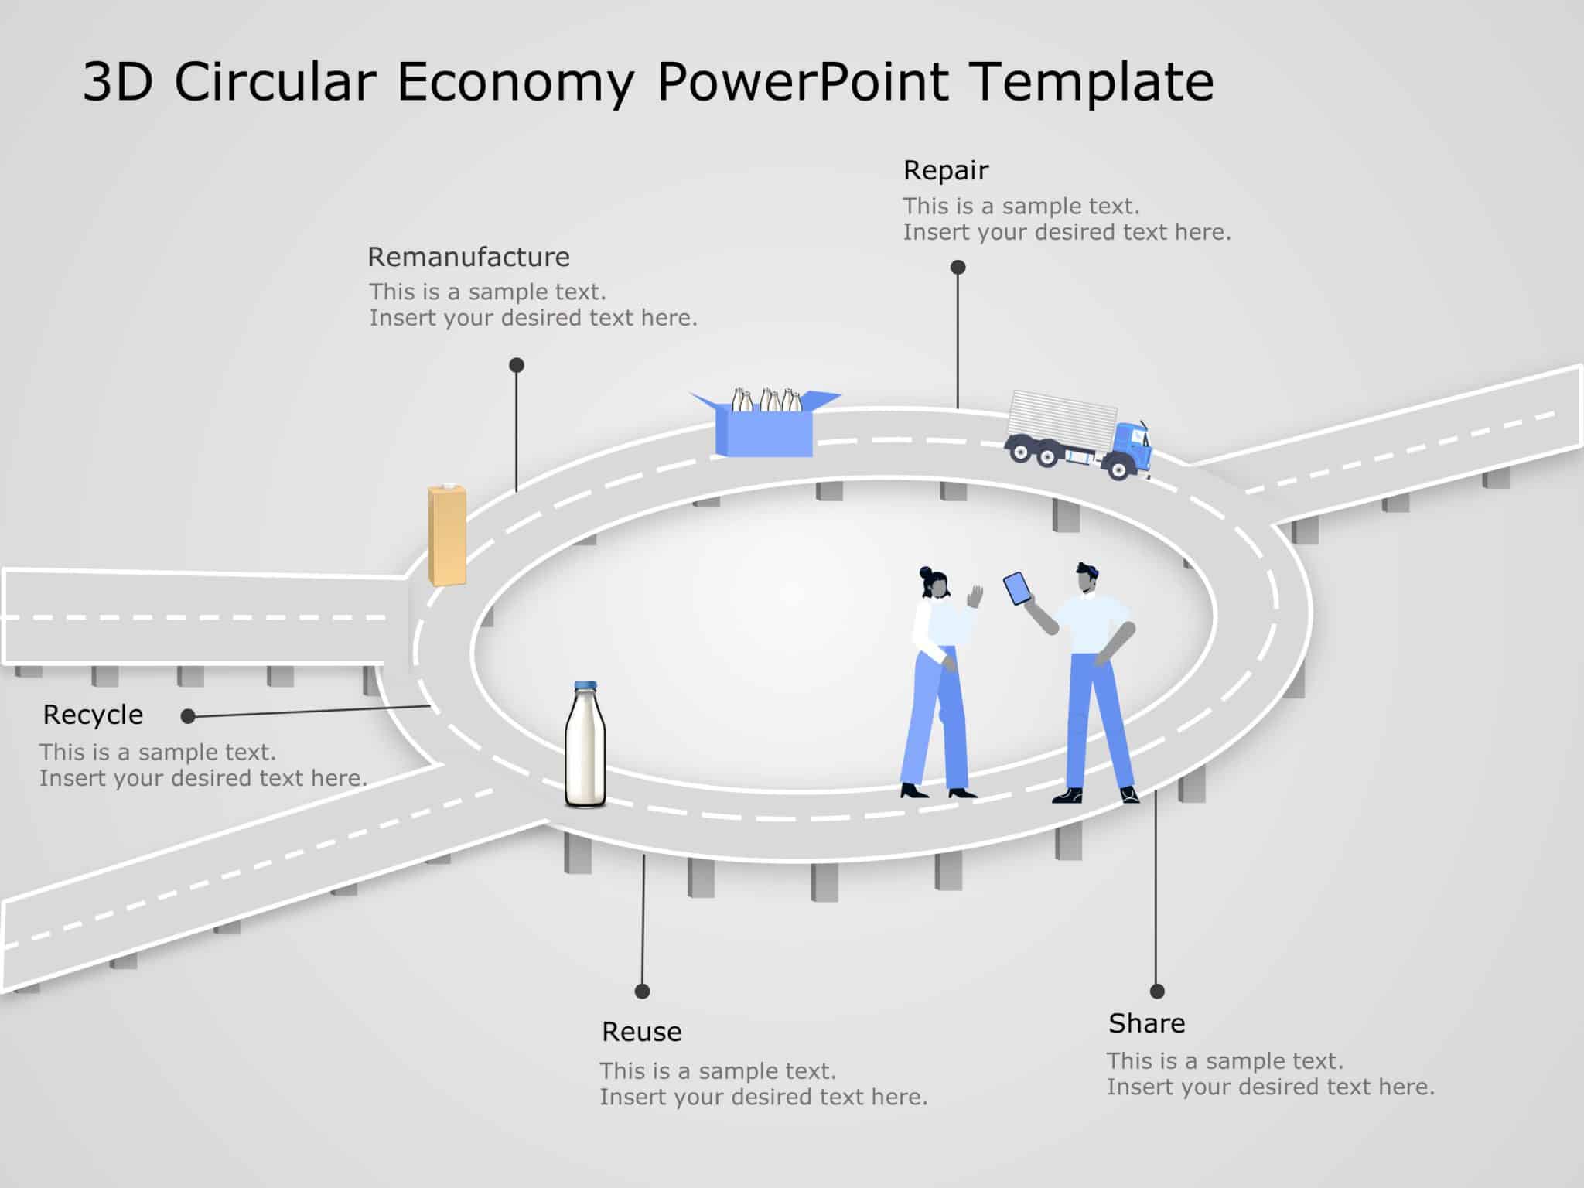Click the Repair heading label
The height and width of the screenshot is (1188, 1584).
point(945,171)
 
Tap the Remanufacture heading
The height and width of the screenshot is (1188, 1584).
point(468,257)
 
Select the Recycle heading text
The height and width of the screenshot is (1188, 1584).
point(93,715)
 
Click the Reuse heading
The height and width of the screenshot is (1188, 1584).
point(641,1032)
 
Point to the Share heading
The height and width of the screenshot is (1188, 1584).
point(1146,1023)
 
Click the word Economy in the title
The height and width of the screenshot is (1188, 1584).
point(515,82)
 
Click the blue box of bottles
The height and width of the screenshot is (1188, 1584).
point(763,428)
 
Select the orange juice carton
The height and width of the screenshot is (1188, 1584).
point(447,534)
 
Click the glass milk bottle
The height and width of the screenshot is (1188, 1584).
point(585,749)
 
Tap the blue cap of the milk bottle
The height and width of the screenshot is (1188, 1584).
point(585,685)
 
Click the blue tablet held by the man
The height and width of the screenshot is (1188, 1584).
point(1016,588)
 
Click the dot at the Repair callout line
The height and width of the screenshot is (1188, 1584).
point(958,268)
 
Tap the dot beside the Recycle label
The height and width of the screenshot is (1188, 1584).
point(188,716)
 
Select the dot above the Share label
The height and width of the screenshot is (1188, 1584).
point(1157,991)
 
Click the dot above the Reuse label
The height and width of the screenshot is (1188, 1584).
point(642,991)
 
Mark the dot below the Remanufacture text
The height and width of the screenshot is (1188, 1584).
point(517,365)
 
